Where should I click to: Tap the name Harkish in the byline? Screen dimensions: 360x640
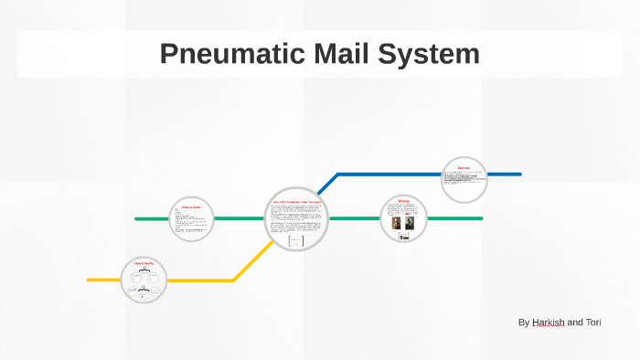(548, 323)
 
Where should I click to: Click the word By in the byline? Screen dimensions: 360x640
(523, 323)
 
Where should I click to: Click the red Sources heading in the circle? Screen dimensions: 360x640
(464, 167)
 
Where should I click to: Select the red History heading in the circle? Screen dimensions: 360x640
(403, 201)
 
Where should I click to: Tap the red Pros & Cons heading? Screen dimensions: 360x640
(191, 207)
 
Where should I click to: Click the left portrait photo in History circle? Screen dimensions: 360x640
(397, 223)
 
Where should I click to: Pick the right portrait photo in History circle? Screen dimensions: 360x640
(410, 223)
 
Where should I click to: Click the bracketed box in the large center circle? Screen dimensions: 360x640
(295, 242)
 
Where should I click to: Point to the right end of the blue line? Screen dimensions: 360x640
(519, 174)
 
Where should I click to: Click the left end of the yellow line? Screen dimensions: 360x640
(89, 280)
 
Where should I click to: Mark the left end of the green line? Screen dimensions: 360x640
(136, 218)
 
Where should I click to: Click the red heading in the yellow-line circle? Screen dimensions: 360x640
(144, 263)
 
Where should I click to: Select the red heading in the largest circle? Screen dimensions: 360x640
(295, 200)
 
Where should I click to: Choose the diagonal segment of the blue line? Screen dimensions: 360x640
(327, 184)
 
